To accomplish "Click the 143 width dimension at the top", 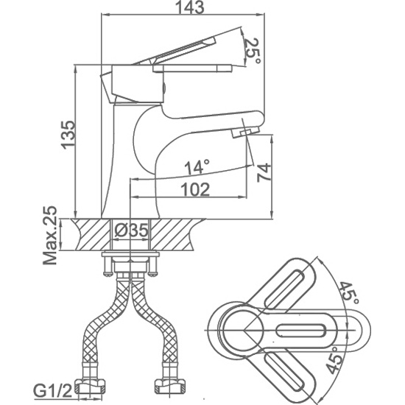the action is point(189,7).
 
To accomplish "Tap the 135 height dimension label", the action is point(68,135).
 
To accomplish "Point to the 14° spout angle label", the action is point(197,167).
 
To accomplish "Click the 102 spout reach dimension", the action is point(195,190).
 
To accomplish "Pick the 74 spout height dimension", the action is point(264,172).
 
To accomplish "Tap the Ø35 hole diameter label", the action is point(131,230).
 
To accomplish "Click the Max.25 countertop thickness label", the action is point(50,236).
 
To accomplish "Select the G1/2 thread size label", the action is point(53,392).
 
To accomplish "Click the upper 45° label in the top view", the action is point(349,293).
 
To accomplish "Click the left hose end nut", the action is point(90,386).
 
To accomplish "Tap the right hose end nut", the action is point(169,386).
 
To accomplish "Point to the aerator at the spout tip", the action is point(245,132).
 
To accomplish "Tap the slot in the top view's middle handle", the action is point(301,331).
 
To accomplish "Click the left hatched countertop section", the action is point(91,234).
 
